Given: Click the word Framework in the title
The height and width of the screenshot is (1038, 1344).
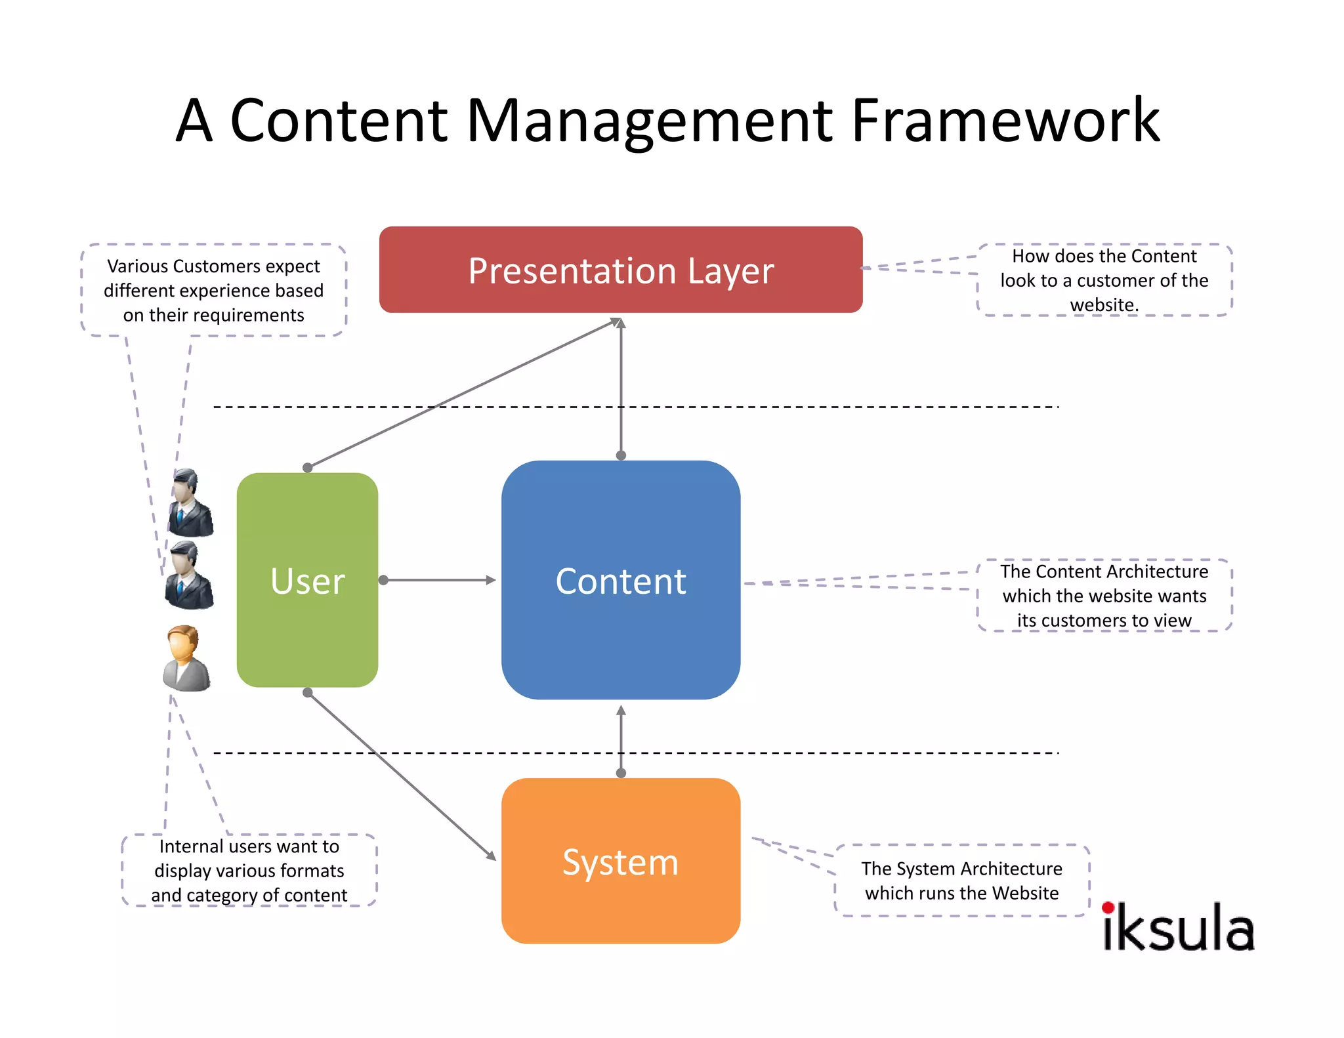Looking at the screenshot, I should pyautogui.click(x=1005, y=121).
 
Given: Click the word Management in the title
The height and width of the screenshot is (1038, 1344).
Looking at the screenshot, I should pyautogui.click(x=649, y=121).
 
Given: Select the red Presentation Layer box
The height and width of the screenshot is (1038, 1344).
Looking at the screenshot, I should pyautogui.click(x=621, y=270).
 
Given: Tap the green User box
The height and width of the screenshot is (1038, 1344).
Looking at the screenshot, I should pyautogui.click(x=307, y=580).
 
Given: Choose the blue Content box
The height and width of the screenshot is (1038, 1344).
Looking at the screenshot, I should pyautogui.click(x=621, y=580).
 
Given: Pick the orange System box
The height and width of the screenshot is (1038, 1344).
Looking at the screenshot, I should pyautogui.click(x=621, y=861).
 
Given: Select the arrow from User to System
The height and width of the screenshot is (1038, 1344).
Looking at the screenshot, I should pyautogui.click(x=400, y=776).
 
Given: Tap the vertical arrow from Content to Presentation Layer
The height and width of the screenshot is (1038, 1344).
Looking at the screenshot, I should pyautogui.click(x=621, y=387).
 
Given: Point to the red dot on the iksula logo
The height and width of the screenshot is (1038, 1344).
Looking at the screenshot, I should pyautogui.click(x=1108, y=908).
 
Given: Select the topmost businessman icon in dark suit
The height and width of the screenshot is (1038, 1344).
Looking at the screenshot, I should pyautogui.click(x=190, y=503).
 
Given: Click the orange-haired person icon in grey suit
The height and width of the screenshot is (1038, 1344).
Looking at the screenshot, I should pyautogui.click(x=186, y=658).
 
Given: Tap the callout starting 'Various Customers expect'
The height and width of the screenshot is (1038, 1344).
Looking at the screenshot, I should pyautogui.click(x=213, y=290).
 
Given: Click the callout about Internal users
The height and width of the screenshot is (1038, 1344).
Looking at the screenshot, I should pyautogui.click(x=249, y=871).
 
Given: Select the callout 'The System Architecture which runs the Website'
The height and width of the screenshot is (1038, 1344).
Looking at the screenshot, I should pyautogui.click(x=961, y=881).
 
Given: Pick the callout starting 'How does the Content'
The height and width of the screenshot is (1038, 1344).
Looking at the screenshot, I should pyautogui.click(x=1104, y=280).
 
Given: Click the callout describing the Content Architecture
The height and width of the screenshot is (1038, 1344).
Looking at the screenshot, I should pyautogui.click(x=1104, y=596).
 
